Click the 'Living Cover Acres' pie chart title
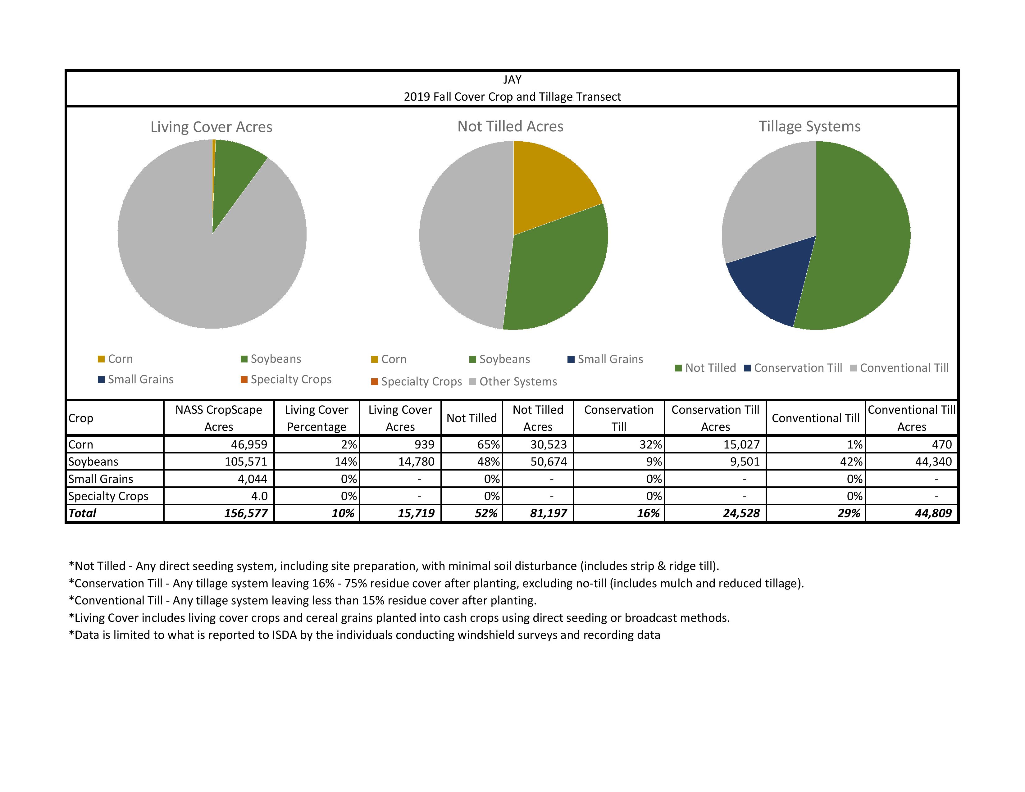pos(211,127)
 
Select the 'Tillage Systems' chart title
pos(809,127)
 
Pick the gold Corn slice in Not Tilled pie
pos(549,188)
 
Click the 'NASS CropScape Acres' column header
pos(219,418)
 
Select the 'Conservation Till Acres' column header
pos(715,418)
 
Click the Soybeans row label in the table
pos(93,462)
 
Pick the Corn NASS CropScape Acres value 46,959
pos(249,445)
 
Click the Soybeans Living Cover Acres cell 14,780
pos(416,462)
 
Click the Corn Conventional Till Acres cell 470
pos(941,445)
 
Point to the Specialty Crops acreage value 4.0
pos(259,496)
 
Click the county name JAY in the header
pos(512,80)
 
